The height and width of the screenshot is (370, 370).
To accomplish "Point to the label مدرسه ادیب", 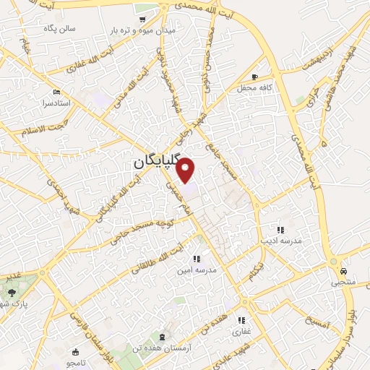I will point(275,236).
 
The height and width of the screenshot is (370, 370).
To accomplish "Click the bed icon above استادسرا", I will point(57,92).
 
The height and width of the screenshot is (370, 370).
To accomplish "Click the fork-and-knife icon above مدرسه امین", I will point(196,259).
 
